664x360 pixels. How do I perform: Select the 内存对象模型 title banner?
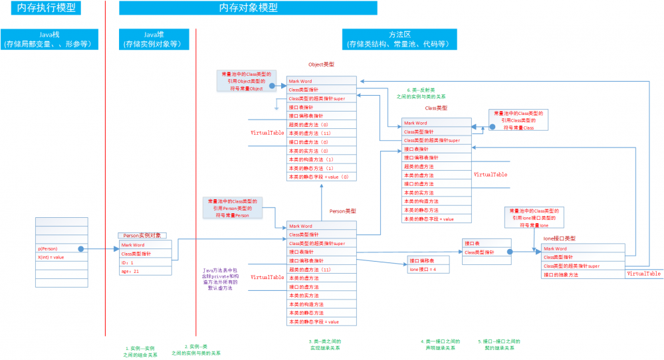248,8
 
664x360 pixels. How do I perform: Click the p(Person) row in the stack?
53,248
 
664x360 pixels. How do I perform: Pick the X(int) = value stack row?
53,257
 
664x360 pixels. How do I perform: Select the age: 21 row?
147,271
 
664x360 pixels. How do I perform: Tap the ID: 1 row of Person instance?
147,262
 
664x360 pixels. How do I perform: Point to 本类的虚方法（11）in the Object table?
321,133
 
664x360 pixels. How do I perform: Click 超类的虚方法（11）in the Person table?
321,270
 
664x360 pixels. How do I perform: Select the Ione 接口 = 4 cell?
427,269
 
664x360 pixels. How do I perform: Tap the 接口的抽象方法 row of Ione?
582,274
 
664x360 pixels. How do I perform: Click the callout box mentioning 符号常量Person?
232,207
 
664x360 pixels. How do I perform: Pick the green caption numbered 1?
140,351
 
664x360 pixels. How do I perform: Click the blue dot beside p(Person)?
80,248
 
